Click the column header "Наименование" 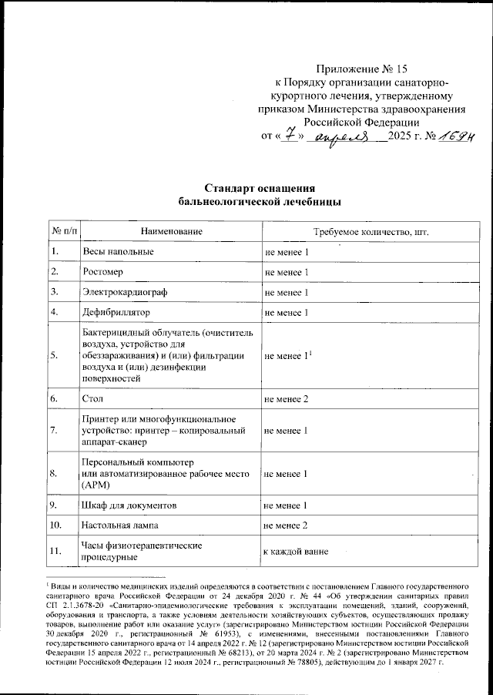point(171,231)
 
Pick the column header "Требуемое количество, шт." point(371,231)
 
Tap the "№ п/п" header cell point(64,231)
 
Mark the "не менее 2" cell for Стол point(287,398)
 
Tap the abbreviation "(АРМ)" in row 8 point(96,487)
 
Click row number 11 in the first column point(56,552)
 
